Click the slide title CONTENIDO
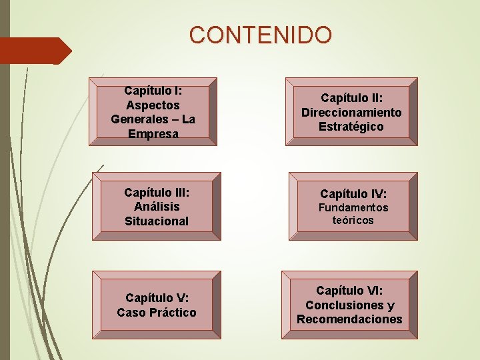coord(260,34)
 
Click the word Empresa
coord(154,133)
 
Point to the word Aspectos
coord(153,105)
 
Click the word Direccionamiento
coord(351,112)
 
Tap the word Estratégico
coord(351,126)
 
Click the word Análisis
coord(157,207)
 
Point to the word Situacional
coord(157,221)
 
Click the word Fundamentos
coord(353,207)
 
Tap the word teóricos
coord(353,219)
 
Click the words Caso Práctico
coord(157,312)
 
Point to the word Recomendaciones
coord(349,319)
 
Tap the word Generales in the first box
coord(137,119)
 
